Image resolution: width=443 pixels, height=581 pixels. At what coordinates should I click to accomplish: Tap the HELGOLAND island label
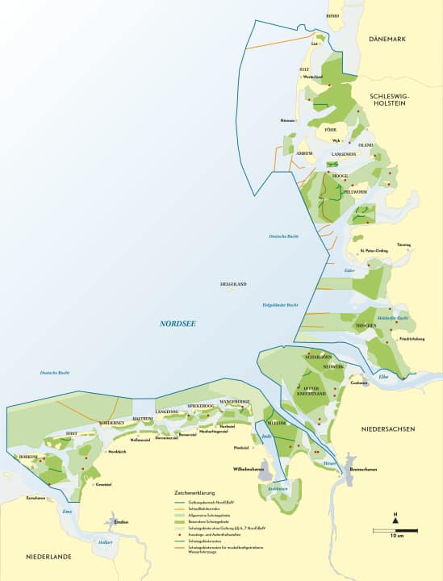[x=233, y=284]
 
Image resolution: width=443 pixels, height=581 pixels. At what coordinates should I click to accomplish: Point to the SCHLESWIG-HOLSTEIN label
[x=391, y=100]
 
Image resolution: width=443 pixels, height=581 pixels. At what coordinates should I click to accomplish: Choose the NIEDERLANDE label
[x=49, y=557]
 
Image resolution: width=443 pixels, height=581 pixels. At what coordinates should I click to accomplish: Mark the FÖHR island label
[x=330, y=129]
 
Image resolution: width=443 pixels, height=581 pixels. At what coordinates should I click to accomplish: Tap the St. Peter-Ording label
[x=374, y=250]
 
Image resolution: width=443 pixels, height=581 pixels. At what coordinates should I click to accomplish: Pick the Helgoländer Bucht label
[x=281, y=304]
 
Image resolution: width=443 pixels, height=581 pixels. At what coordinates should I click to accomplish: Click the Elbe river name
[x=384, y=377]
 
